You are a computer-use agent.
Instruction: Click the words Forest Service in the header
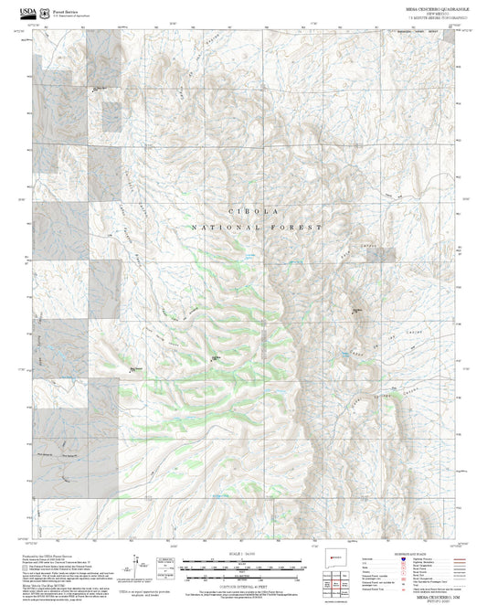[x=60, y=7]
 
